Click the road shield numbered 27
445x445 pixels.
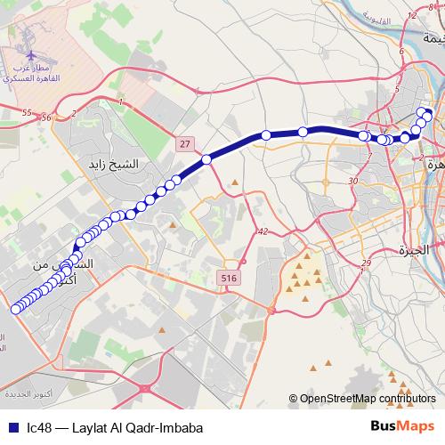[184, 143]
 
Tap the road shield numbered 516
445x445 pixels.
[231, 279]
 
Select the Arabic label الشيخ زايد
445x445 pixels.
[115, 165]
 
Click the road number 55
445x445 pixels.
[26, 112]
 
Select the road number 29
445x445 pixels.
[367, 264]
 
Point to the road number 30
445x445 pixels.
[353, 182]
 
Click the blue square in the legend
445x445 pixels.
[12, 426]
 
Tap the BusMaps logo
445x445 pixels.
[403, 425]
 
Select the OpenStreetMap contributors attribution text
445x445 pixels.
[366, 398]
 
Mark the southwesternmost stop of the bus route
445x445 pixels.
[15, 310]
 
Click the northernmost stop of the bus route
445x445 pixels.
[423, 112]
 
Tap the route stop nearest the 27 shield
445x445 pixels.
[206, 159]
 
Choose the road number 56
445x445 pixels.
[46, 117]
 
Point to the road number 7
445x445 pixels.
[368, 157]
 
